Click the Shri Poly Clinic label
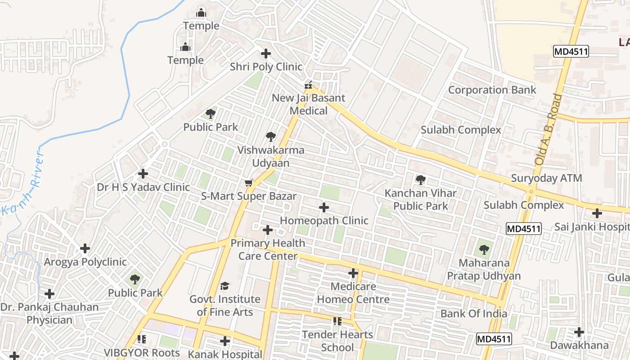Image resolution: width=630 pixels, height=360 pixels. pyautogui.click(x=266, y=67)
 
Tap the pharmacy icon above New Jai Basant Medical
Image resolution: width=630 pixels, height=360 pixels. pyautogui.click(x=309, y=85)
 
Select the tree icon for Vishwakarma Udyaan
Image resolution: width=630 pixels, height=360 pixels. pyautogui.click(x=270, y=137)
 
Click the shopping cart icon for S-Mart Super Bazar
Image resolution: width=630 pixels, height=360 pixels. pyautogui.click(x=248, y=183)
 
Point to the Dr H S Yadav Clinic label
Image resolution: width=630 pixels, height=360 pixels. pyautogui.click(x=143, y=187)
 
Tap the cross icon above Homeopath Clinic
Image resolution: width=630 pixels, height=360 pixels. pyautogui.click(x=324, y=207)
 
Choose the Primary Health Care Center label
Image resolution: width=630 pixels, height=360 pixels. pyautogui.click(x=268, y=250)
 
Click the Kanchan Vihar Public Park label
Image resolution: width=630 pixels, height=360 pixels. pyautogui.click(x=420, y=199)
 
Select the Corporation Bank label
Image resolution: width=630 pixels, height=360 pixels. pyautogui.click(x=492, y=90)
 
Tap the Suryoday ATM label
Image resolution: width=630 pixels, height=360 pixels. pyautogui.click(x=546, y=178)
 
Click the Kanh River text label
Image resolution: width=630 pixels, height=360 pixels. pyautogui.click(x=28, y=184)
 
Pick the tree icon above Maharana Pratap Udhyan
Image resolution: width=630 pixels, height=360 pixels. pyautogui.click(x=484, y=249)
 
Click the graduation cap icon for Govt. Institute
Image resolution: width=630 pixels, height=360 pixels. pyautogui.click(x=225, y=286)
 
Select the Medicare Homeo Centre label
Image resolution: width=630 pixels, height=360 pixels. pyautogui.click(x=353, y=293)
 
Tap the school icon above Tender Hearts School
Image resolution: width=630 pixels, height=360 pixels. pyautogui.click(x=337, y=321)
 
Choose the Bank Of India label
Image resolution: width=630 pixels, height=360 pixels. pyautogui.click(x=473, y=314)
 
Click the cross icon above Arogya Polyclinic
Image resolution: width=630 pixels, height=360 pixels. pyautogui.click(x=85, y=248)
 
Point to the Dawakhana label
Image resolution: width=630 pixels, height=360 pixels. pyautogui.click(x=579, y=346)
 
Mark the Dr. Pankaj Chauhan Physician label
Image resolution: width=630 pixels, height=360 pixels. pyautogui.click(x=49, y=314)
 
